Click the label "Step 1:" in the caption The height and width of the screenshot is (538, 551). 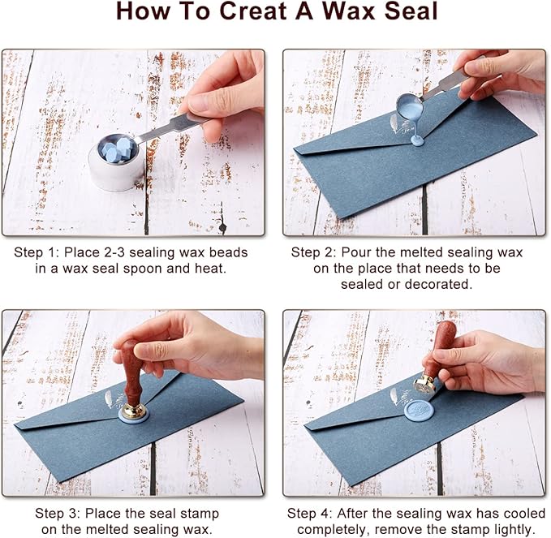tap(37, 252)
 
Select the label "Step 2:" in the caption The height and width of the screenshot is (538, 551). tap(314, 252)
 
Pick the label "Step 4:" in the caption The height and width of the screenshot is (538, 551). tap(310, 513)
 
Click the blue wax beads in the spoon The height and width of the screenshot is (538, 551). tap(118, 148)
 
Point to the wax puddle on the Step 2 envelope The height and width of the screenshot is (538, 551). tap(417, 140)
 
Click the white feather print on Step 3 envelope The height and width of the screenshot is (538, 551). tap(110, 398)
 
